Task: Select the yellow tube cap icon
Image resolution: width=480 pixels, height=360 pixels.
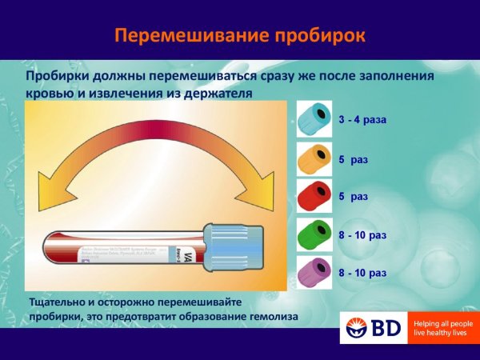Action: pos(314,159)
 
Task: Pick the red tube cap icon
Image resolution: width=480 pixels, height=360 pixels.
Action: pos(314,197)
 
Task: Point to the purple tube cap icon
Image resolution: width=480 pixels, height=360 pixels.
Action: pos(314,274)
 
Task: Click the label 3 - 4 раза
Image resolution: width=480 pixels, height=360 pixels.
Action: pos(362,121)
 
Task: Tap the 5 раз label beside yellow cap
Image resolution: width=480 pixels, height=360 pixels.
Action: pos(353,160)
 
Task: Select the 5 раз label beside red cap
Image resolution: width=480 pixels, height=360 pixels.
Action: pos(353,196)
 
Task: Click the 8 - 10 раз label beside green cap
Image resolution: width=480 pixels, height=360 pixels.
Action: pos(362,236)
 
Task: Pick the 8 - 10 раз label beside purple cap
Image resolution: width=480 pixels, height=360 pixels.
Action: pos(362,274)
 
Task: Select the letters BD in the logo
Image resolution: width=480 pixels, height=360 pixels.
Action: pos(386,328)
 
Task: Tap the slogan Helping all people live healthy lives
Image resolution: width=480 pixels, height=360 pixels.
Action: pos(442,328)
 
